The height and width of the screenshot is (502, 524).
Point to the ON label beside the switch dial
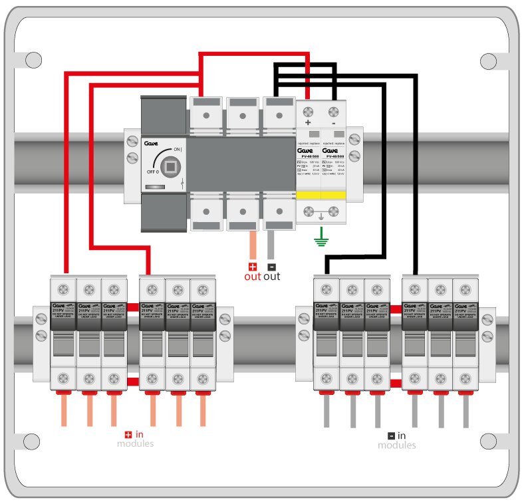[177, 150]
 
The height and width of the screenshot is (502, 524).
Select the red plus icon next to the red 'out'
[252, 266]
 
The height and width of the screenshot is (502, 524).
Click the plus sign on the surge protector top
[308, 123]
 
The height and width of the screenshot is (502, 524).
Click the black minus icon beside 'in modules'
[392, 436]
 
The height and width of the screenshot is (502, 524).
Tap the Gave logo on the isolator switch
[150, 142]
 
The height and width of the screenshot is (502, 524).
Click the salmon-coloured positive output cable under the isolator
[252, 245]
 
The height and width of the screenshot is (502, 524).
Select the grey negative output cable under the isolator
[271, 245]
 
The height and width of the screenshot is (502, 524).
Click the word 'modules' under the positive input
[135, 444]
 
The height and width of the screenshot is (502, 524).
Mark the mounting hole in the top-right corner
[489, 61]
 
